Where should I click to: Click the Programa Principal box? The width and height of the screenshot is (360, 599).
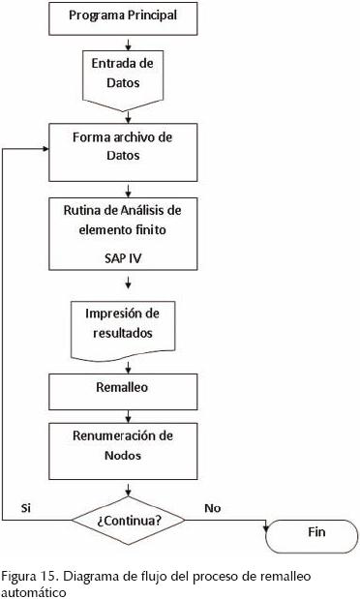coord(129,16)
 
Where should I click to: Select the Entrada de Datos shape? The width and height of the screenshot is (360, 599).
coord(129,73)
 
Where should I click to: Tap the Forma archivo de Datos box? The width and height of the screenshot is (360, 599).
coord(129,146)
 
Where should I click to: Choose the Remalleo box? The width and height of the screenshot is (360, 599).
coord(129,387)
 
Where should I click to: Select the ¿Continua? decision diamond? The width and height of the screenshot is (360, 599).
coord(129,519)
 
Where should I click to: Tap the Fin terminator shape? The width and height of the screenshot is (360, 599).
coord(316,532)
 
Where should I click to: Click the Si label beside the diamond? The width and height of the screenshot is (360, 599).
coord(26,508)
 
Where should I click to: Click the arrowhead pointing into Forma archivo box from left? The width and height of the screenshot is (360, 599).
coord(46,149)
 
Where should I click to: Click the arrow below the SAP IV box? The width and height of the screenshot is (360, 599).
coord(129,285)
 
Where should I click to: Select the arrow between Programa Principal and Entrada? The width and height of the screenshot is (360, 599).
coord(129,40)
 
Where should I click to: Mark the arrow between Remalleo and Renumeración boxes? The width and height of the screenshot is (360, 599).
coord(129,412)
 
